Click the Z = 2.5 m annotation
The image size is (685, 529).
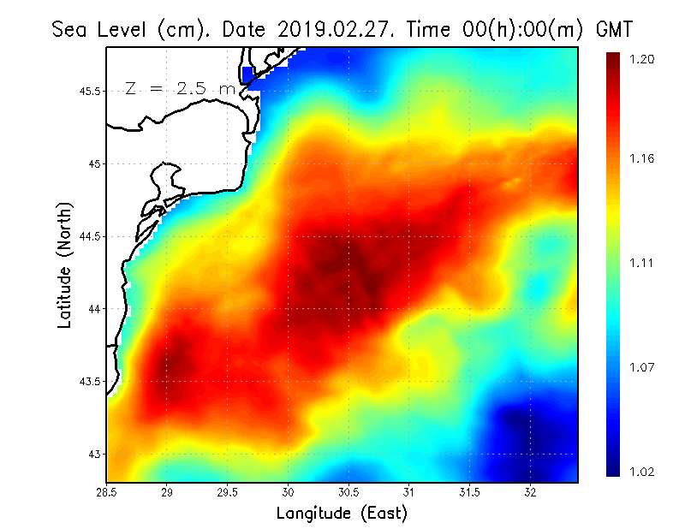[180, 88]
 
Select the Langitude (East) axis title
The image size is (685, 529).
[342, 514]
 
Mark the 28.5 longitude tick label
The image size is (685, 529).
[107, 492]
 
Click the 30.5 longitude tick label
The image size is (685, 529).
[348, 492]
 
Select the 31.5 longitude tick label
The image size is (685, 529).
[469, 492]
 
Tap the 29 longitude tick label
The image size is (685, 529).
[167, 492]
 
